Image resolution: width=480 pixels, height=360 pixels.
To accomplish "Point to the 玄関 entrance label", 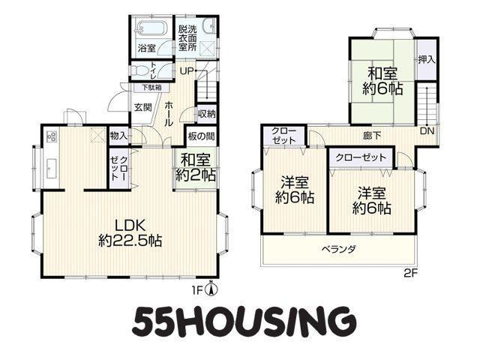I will (x=143, y=107).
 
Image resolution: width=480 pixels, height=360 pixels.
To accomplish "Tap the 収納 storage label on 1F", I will (x=207, y=114).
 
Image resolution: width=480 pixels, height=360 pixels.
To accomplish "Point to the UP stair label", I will (x=187, y=71).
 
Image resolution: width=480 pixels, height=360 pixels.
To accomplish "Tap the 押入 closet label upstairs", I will (x=425, y=59).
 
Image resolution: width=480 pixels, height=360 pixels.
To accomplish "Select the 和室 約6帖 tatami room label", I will (x=382, y=81).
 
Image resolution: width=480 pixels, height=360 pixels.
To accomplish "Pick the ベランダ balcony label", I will (x=338, y=248).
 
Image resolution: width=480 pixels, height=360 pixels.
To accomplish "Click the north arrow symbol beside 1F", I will (x=212, y=285).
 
